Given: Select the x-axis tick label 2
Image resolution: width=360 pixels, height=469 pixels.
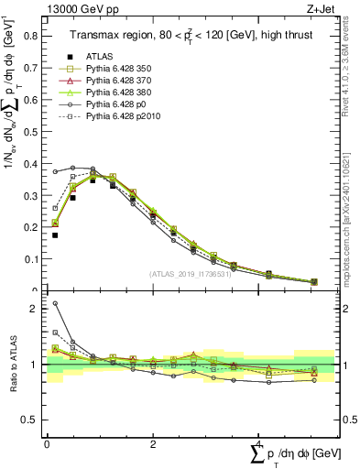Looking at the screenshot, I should [152, 444].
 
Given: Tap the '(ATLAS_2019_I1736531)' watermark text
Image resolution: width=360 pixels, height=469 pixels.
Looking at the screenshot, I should [190, 274].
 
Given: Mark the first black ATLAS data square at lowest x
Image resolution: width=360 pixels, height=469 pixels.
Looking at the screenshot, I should [55, 235].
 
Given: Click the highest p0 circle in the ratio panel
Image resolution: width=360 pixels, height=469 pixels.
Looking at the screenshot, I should [55, 303].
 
